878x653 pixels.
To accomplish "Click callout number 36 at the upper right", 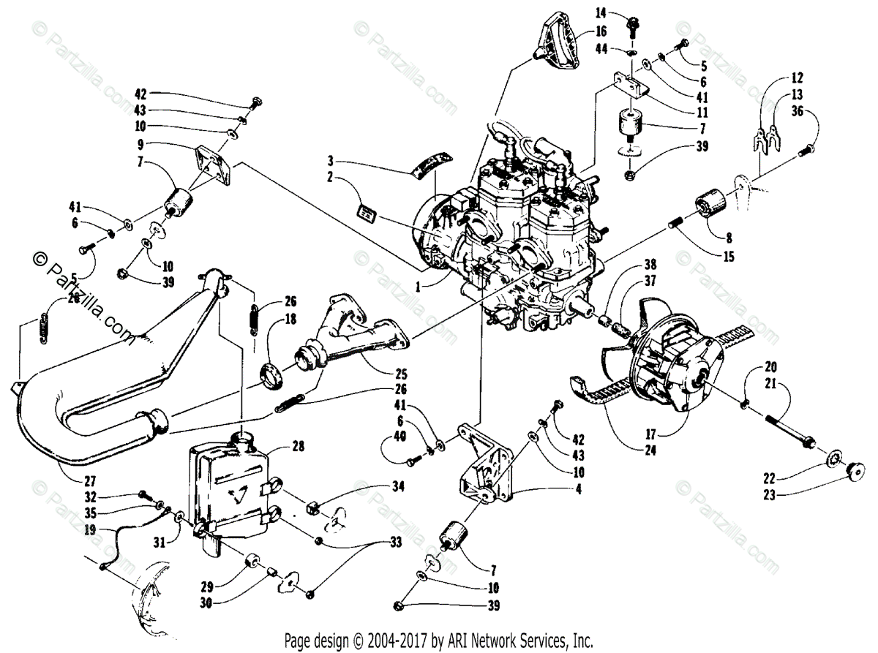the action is coord(798,111).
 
